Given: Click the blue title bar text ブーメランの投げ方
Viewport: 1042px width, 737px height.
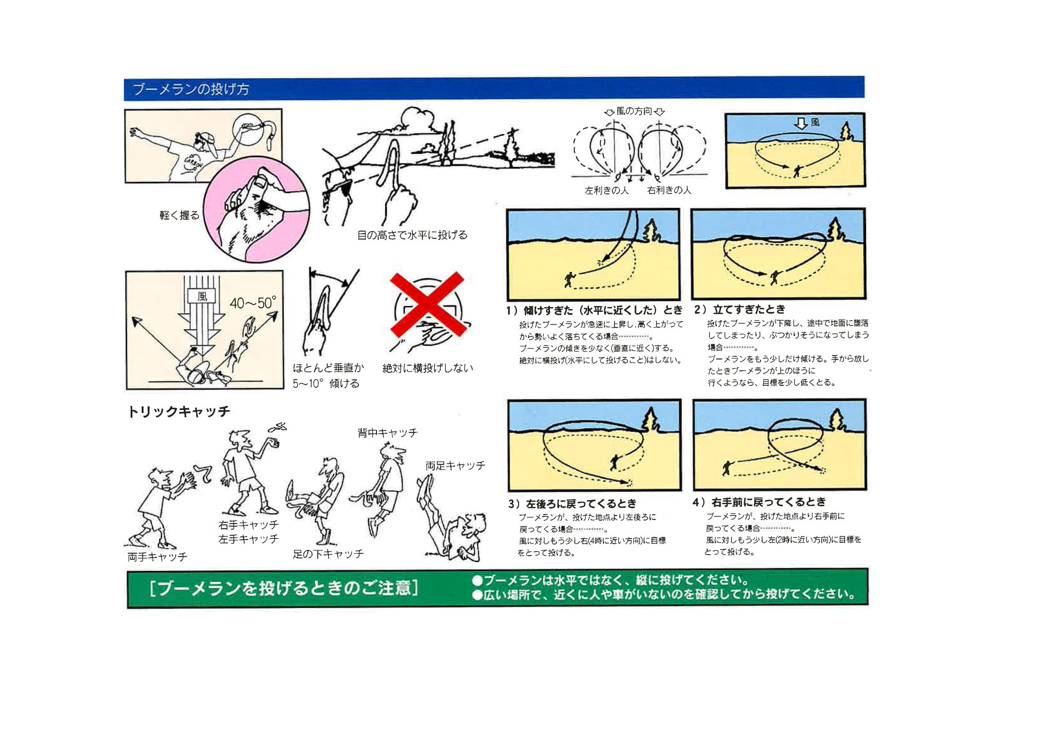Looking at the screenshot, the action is [190, 89].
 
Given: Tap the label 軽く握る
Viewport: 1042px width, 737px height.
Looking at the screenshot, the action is [179, 215].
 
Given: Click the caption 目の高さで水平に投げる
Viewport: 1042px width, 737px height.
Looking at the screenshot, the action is [412, 235].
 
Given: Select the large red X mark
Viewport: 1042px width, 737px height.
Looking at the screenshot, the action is [427, 304].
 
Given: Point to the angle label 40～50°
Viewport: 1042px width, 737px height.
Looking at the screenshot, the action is [253, 303].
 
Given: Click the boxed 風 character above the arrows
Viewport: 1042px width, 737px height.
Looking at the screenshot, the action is [202, 296].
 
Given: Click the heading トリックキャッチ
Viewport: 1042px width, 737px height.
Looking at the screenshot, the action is [179, 411].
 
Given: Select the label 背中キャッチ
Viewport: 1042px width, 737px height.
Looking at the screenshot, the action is [387, 433].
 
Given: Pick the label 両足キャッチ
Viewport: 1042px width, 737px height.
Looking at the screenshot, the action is [455, 466].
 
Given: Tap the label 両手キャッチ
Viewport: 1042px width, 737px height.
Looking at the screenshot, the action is [157, 557].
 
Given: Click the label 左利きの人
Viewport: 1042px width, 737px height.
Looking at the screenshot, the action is [607, 190].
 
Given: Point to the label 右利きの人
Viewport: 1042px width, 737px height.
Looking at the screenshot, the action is [669, 190].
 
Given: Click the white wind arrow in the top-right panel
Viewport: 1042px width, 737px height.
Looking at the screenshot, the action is [801, 123].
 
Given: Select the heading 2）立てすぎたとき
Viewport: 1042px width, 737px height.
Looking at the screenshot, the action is [740, 310].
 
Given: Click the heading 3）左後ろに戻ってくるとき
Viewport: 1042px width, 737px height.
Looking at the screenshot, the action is [572, 504].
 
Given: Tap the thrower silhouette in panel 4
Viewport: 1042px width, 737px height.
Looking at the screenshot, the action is [727, 468].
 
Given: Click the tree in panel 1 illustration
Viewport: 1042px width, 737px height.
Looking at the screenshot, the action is [652, 230].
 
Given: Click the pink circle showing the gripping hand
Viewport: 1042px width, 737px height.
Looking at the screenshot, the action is [256, 209].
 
